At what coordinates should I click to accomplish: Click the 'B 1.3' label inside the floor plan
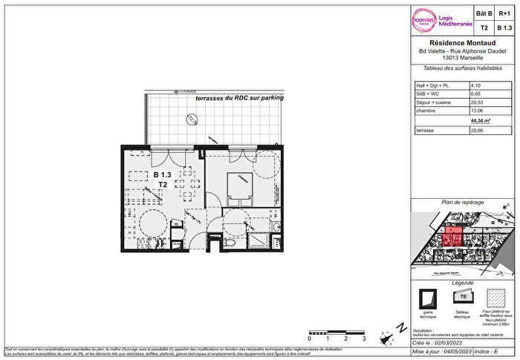coord(162,174)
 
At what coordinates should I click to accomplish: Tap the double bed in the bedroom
coord(241,189)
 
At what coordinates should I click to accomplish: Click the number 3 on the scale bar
coord(364,338)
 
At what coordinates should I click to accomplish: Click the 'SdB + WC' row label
coord(428,94)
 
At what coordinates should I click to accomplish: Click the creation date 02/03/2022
coord(460,344)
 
